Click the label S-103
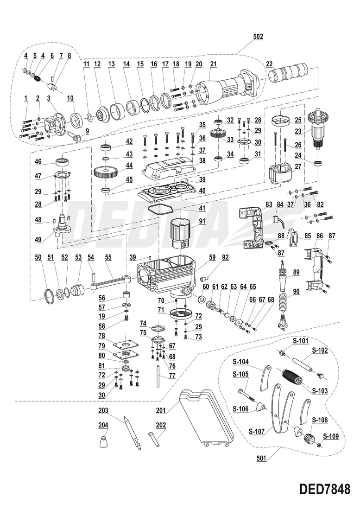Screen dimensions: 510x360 (320, 391)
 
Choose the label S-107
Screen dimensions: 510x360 (256, 431)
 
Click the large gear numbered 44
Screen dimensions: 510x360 (107, 175)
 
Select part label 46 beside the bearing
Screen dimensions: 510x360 (38, 162)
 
